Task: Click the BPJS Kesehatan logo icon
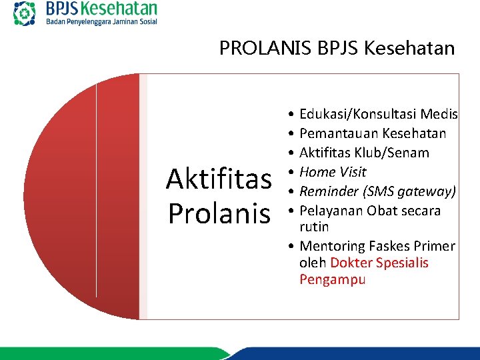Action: coord(25,13)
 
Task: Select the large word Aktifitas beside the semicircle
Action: coord(219,179)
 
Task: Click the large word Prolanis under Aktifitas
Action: coord(219,213)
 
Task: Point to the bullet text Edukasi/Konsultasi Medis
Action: coord(378,115)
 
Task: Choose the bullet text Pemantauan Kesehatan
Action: coord(373,134)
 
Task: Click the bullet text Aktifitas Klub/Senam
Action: coord(364,153)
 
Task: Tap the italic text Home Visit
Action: coord(333,173)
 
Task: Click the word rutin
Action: coord(314,227)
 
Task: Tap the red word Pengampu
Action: coord(332,279)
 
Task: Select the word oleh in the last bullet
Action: coord(313,263)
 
